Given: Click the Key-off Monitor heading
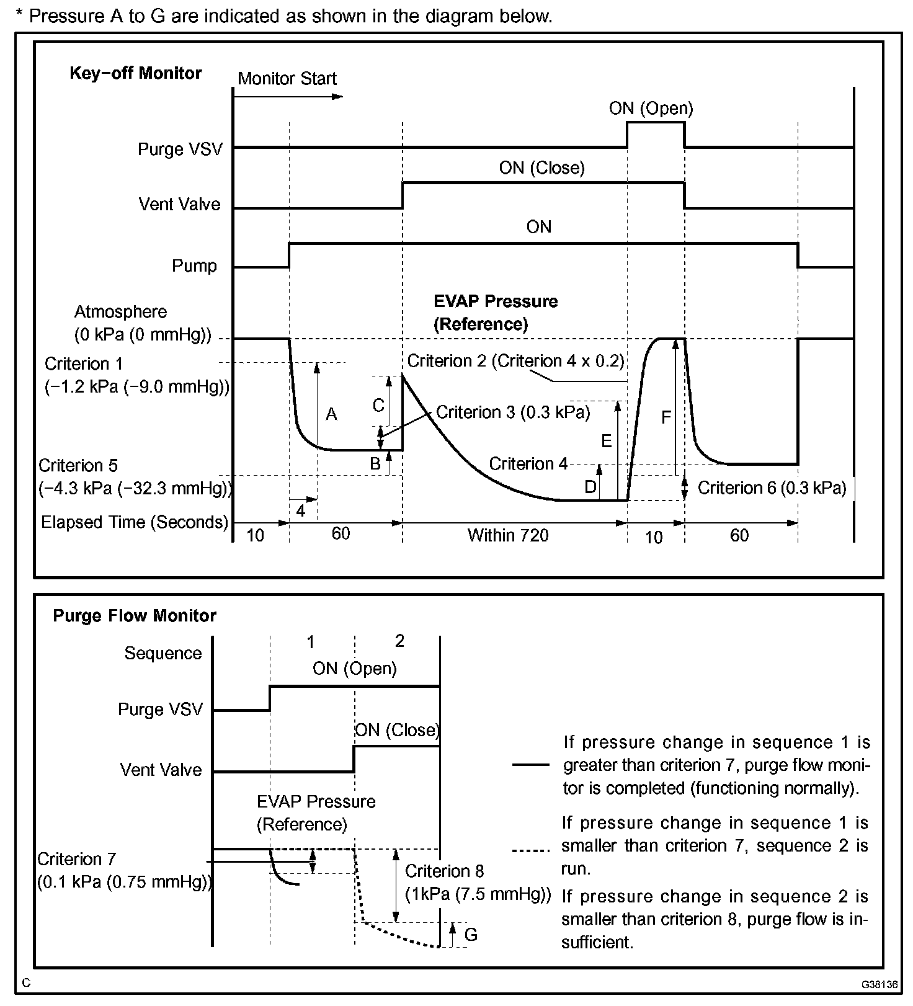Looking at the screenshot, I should coord(135,73).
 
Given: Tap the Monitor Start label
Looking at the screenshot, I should coord(287,79).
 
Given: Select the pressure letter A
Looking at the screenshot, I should coord(331,414).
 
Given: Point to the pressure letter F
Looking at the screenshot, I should coord(666,417).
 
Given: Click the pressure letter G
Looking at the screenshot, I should coord(471,935).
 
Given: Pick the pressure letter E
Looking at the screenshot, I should coord(606,441).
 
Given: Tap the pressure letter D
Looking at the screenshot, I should coord(590,487).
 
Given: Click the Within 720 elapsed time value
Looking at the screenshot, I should coord(507,535).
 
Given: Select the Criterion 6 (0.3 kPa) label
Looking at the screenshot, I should coord(772,488).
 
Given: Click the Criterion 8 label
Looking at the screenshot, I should coord(444,871).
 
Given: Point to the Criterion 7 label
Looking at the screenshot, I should coord(76,860).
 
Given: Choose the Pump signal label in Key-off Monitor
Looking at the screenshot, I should coord(194,266).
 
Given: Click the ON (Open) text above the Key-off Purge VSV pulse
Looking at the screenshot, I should coord(651,109).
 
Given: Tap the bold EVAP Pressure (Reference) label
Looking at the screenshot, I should coord(495,313).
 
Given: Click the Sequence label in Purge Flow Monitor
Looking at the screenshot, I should coord(163,653).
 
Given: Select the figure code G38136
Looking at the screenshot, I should coord(878,984).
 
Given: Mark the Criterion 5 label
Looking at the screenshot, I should coord(78,466).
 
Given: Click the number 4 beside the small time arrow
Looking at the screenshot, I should coord(301,511).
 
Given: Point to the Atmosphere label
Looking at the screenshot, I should coord(120,312).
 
